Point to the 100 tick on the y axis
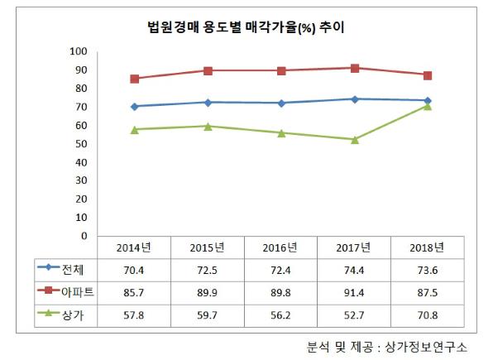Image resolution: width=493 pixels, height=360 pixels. [x=79, y=51]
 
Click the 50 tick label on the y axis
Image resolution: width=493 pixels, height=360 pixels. [x=81, y=144]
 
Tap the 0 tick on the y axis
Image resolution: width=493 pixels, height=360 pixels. [x=84, y=236]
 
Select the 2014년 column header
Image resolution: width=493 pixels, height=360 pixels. [x=133, y=247]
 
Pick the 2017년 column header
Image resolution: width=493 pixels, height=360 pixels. [x=354, y=247]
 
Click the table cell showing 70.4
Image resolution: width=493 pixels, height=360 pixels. [x=133, y=268]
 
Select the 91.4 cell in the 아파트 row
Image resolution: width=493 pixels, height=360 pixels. [x=354, y=289]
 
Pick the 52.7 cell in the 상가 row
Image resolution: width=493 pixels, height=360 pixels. [x=354, y=310]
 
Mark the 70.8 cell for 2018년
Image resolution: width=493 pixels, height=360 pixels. [x=428, y=310]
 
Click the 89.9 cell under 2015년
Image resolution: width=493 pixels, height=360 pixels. [x=207, y=289]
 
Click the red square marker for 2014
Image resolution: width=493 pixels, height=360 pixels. [x=134, y=79]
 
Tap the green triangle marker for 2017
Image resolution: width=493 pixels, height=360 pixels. [x=354, y=139]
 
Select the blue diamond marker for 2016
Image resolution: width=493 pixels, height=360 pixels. [x=281, y=103]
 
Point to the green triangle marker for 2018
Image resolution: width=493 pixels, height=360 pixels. [x=428, y=106]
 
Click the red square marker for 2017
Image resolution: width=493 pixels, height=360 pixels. [x=354, y=68]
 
